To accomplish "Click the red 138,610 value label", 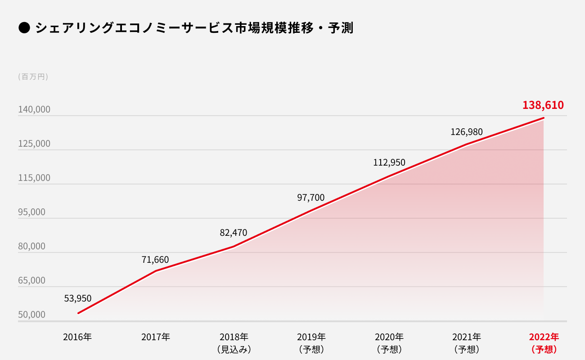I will click(x=543, y=105).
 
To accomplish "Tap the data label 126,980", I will click(x=467, y=132).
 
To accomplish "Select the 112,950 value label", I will click(x=389, y=162).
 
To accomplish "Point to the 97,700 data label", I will click(x=311, y=198).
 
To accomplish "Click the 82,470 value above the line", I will click(x=234, y=233).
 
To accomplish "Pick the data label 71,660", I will click(x=155, y=260).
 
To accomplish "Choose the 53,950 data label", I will click(x=78, y=298).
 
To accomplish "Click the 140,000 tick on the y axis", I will click(x=34, y=110).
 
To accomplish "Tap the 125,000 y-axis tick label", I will click(x=34, y=144).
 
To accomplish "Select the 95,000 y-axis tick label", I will click(x=32, y=212).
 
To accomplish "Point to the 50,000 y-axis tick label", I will click(x=32, y=315).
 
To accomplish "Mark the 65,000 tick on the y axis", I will click(x=32, y=280).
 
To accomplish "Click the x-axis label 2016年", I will click(x=77, y=337).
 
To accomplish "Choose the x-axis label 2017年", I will click(x=156, y=337).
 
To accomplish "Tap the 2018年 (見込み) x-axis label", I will click(x=234, y=342).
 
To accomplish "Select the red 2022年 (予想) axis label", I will click(x=544, y=342).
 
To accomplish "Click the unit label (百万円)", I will click(x=33, y=77).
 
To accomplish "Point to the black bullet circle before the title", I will click(x=24, y=28).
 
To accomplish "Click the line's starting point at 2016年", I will click(x=78, y=313).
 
